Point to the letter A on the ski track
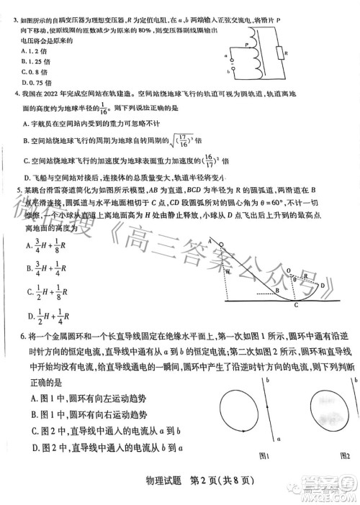coord(210,240)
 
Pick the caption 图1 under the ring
coord(265,456)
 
